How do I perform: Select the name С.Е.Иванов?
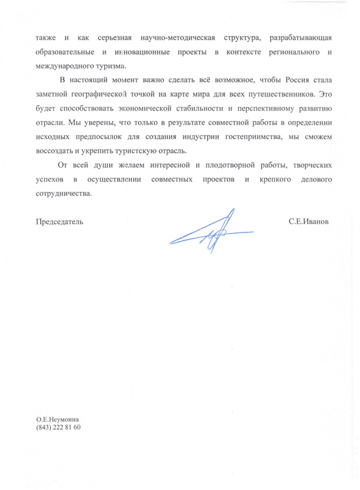point(310,221)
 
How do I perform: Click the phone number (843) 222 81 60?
point(58,428)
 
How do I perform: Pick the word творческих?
point(311,164)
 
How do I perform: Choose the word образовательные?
point(67,53)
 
